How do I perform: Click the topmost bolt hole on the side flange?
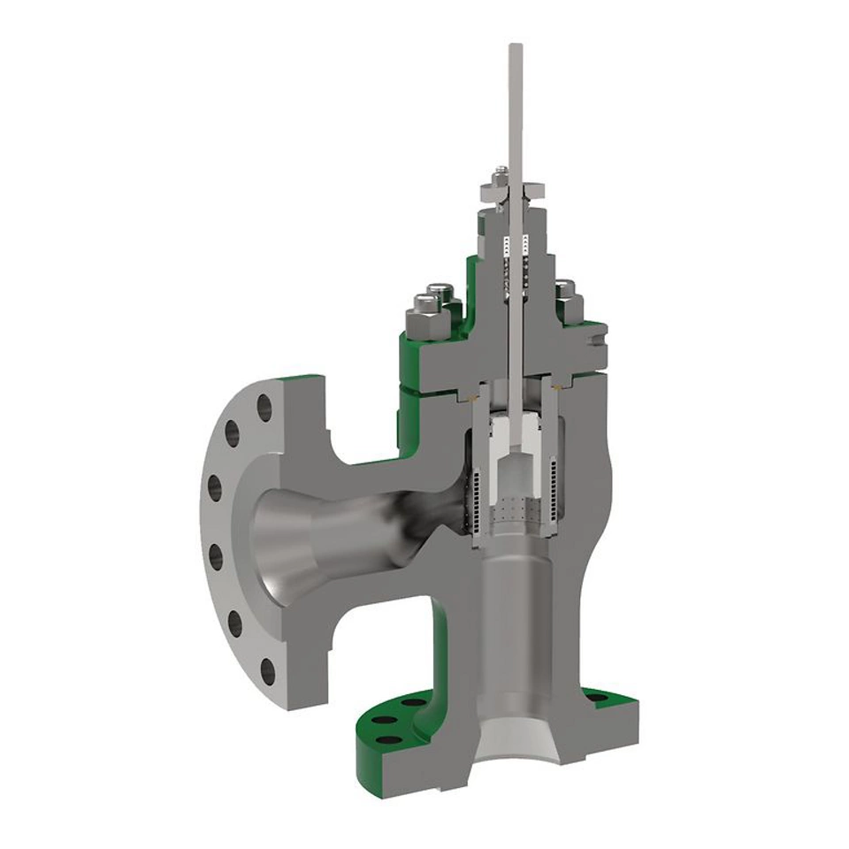coord(264,406)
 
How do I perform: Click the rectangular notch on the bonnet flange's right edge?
coord(601,334)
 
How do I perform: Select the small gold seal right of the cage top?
coord(556,386)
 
